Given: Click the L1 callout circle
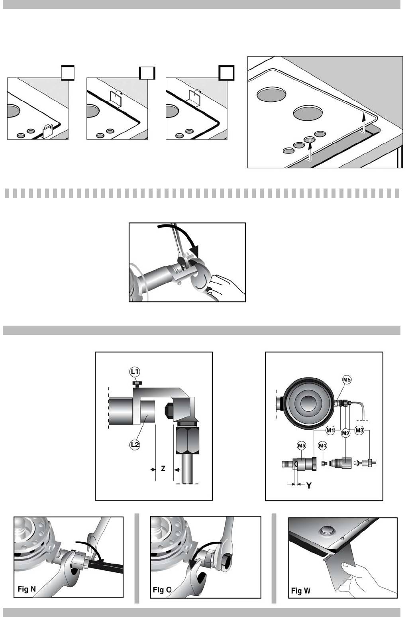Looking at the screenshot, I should [x=135, y=371].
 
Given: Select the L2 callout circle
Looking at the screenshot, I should [x=135, y=444].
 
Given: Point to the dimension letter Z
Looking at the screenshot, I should [x=163, y=469].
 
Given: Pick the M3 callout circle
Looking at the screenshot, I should [x=360, y=430].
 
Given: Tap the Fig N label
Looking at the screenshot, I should [x=27, y=589].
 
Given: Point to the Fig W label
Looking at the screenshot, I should [x=300, y=591].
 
